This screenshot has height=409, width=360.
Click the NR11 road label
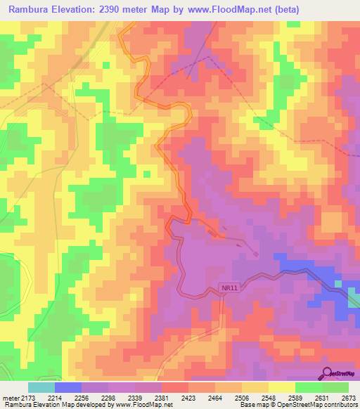pos(224,289)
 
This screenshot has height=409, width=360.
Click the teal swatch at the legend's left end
pos(41,387)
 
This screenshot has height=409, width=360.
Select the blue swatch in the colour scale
pos(67,387)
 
